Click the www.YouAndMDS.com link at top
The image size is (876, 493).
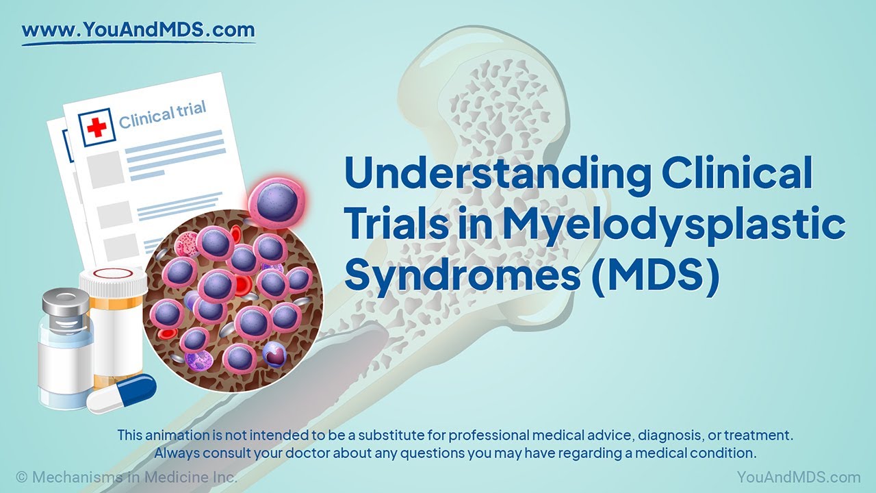(x=138, y=30)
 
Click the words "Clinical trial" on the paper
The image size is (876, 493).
(x=162, y=115)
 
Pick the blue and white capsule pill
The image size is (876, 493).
(x=122, y=394)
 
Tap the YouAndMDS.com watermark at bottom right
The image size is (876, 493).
(x=798, y=477)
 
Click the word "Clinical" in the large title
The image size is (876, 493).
(x=735, y=174)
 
